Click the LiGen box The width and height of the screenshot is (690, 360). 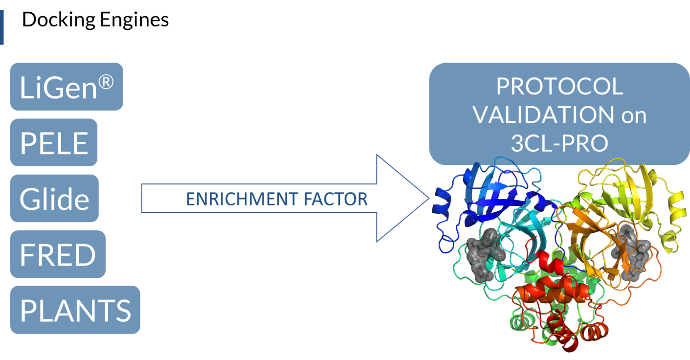66,87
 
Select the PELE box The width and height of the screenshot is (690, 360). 54,142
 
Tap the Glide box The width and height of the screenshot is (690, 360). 54,198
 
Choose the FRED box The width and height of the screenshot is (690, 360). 57,254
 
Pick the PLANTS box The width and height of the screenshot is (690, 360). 75,310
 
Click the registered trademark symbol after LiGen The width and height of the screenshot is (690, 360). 104,81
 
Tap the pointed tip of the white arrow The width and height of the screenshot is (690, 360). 427,198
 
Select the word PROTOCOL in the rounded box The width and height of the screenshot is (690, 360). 559,87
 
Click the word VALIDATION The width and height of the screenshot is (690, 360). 543,115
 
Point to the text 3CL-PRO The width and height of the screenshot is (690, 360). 559,143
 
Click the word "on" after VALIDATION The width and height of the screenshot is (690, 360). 634,115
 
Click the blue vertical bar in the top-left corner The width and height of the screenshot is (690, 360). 1,27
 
